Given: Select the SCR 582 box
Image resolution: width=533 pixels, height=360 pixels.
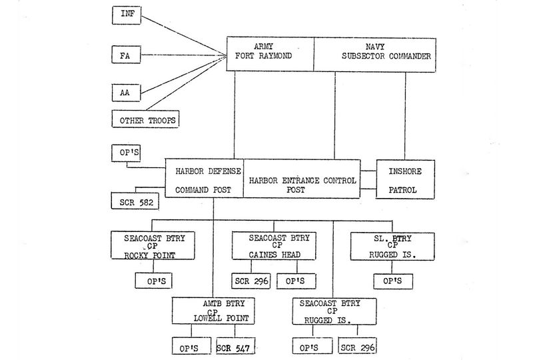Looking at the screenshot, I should [135, 201].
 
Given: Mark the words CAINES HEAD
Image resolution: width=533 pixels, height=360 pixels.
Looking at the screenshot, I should [270, 254].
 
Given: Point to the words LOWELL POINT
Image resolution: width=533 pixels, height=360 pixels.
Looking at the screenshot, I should [213, 319].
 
